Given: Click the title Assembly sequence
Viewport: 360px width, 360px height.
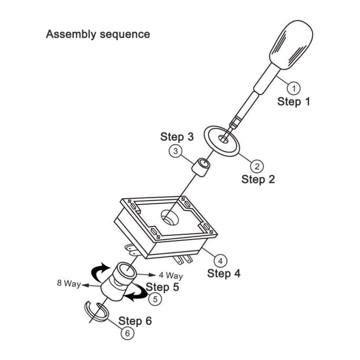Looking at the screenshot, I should coord(97,34).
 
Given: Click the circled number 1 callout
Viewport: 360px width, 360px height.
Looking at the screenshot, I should coord(295,88).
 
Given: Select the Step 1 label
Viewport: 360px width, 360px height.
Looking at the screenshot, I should coord(294,102).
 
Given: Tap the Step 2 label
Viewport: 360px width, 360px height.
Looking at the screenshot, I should coord(258,179).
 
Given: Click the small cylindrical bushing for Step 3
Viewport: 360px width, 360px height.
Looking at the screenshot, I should coord(200,167).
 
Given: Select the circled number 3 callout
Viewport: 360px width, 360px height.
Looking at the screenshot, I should coord(175,150).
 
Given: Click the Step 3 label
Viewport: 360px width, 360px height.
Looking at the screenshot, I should coord(177,136).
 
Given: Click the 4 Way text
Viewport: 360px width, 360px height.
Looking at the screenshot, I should coord(171,275).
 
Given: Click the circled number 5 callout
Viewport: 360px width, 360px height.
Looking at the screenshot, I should coord(154,299).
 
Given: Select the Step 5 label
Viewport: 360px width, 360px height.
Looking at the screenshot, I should coord(162,287).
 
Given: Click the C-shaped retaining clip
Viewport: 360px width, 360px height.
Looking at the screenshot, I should coord(95,311).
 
